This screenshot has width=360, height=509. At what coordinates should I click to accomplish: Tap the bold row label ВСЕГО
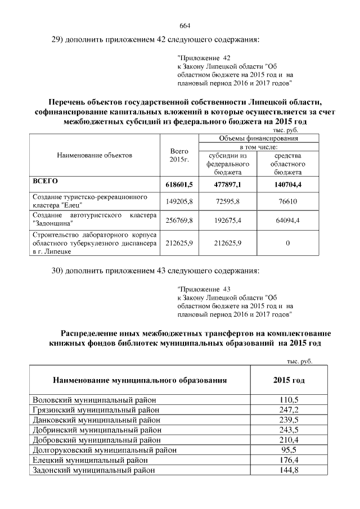point(46,182)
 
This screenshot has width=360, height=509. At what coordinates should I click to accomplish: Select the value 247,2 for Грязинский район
point(289,409)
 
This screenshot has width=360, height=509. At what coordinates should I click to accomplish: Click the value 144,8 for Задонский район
point(289,470)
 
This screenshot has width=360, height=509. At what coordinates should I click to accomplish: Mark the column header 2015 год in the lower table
point(289,380)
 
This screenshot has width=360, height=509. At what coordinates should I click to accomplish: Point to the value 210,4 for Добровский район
point(289,440)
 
